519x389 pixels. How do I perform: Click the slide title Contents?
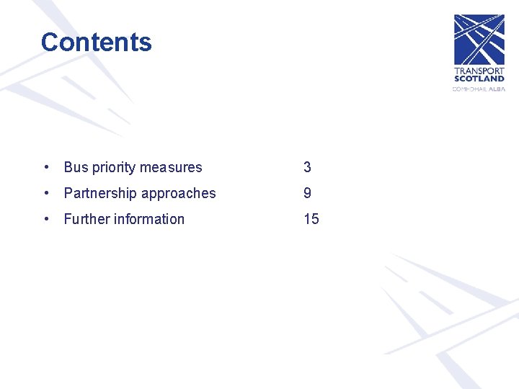point(97,43)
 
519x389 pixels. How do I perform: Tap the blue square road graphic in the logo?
point(479,40)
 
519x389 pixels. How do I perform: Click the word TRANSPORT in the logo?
point(479,71)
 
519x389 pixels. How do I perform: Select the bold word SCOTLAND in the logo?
point(479,79)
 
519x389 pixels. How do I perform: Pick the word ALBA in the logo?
point(497,89)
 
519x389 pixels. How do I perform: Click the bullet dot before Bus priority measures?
point(46,168)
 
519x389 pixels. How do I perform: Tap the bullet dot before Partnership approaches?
point(46,194)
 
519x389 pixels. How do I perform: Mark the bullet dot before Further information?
point(46,220)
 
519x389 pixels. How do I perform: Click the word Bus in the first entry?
point(76,168)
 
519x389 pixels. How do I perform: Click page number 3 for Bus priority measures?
point(307,168)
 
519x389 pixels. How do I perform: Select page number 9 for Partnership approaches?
point(307,194)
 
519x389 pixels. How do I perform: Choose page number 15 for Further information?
point(311,220)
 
